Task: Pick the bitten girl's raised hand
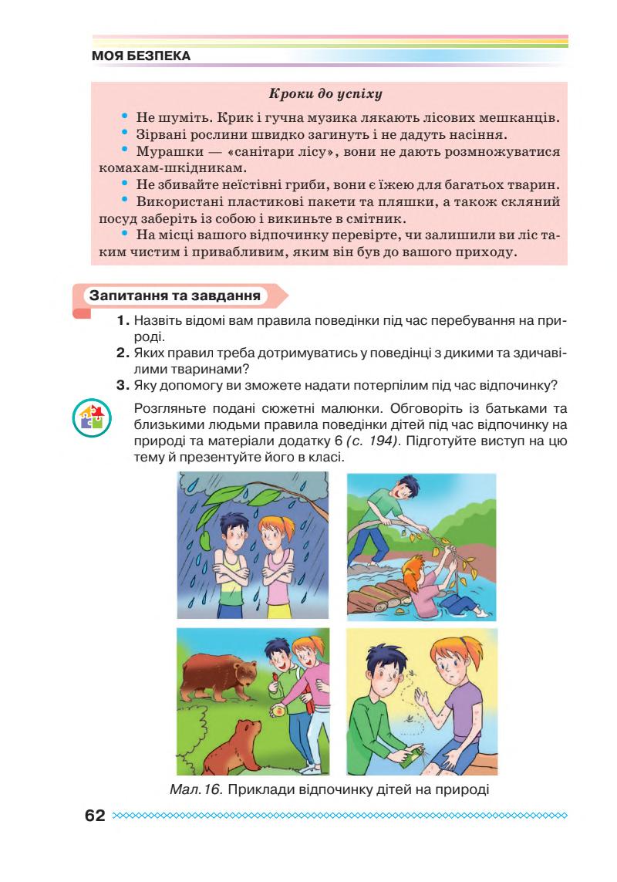coord(423,704)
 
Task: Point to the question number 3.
coord(122,385)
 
